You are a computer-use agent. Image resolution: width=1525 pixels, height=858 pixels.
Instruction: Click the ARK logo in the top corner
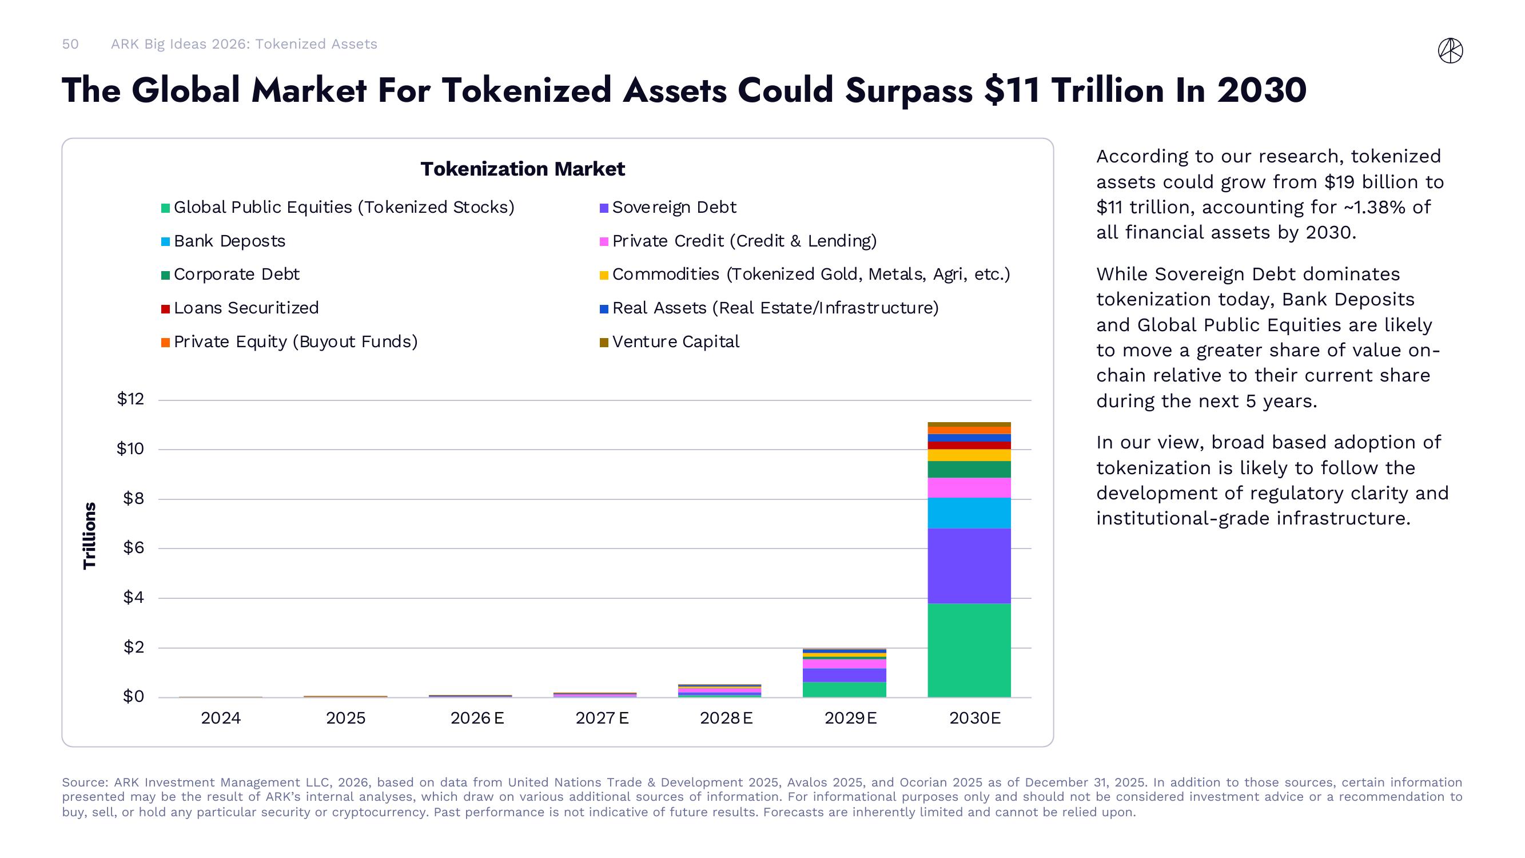pos(1450,50)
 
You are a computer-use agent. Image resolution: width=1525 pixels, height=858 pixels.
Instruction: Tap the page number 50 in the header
pos(70,45)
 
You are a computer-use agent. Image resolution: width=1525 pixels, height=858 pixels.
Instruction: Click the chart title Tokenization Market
pos(522,169)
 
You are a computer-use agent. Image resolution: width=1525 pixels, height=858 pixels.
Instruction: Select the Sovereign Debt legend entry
pos(674,207)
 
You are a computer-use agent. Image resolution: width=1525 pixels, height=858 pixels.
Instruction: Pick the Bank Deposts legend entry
pos(229,241)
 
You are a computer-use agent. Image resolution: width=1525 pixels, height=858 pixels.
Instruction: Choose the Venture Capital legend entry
pos(675,341)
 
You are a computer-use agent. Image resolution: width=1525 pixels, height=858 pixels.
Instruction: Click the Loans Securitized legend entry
pos(246,308)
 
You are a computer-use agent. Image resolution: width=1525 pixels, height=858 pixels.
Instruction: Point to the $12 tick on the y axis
pos(130,399)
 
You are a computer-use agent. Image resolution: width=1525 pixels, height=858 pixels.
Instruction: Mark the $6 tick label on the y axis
pos(133,548)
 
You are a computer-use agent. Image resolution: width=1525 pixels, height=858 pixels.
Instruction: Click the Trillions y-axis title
pos(89,536)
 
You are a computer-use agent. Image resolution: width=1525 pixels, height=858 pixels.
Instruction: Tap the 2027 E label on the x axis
pos(602,718)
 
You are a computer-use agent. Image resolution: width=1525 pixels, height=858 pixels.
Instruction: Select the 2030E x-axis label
pos(974,718)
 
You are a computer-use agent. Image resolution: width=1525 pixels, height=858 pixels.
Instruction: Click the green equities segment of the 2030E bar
pos(969,650)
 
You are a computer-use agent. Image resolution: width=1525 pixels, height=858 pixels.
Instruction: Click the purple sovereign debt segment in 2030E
pos(969,566)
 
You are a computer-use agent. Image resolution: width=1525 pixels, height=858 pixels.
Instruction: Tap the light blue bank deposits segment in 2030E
pos(969,513)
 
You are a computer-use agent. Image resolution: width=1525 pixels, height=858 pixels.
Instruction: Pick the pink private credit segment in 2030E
pos(969,488)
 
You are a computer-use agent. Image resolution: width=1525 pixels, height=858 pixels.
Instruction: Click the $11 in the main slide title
pos(1012,90)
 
